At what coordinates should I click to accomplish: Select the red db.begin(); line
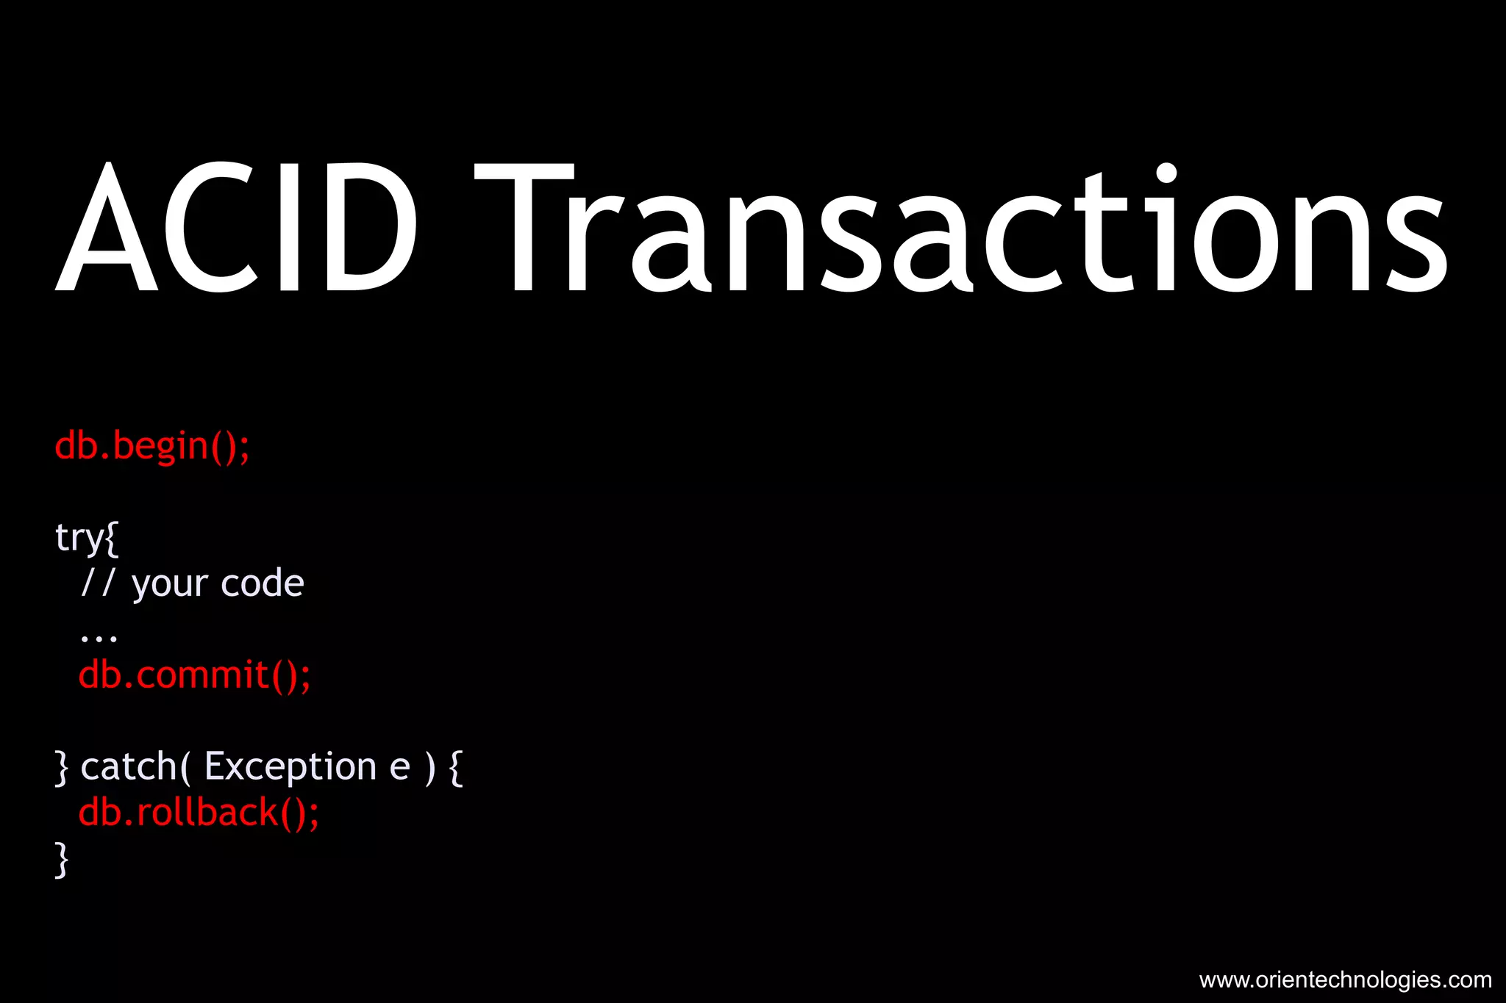pyautogui.click(x=152, y=446)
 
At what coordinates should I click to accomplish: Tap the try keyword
pyautogui.click(x=79, y=538)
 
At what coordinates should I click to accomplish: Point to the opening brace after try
pyautogui.click(x=112, y=538)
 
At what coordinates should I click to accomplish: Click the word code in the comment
pyautogui.click(x=262, y=584)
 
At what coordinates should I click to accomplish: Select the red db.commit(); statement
pyautogui.click(x=195, y=675)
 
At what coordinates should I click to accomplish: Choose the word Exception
pyautogui.click(x=290, y=767)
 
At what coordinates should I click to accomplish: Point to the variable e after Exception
pyautogui.click(x=399, y=769)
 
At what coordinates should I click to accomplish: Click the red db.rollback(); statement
pyautogui.click(x=199, y=813)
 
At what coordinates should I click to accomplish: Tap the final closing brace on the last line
pyautogui.click(x=62, y=859)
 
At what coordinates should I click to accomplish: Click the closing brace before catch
pyautogui.click(x=62, y=767)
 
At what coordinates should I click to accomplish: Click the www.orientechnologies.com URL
pyautogui.click(x=1345, y=979)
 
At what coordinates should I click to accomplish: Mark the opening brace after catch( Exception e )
pyautogui.click(x=456, y=767)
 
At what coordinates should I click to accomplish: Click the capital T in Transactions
pyautogui.click(x=524, y=228)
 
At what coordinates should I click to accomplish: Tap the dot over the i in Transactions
pyautogui.click(x=1166, y=173)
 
